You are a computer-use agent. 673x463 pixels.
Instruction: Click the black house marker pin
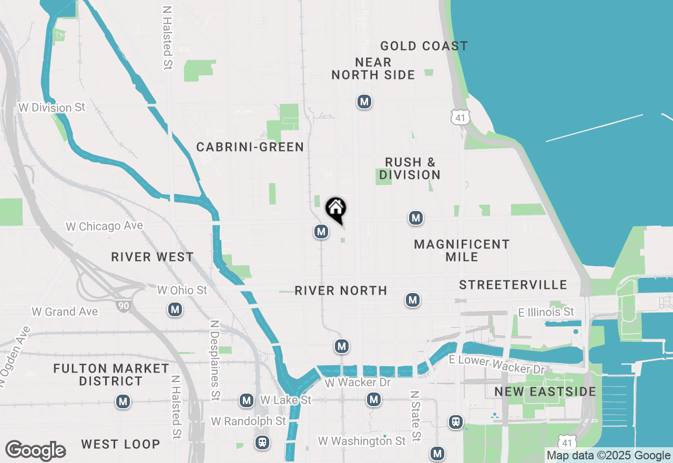(x=336, y=209)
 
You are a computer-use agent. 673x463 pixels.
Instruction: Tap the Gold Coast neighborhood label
(x=424, y=46)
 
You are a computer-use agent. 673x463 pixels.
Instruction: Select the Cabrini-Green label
(x=250, y=147)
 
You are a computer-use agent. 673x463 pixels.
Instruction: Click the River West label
(x=152, y=257)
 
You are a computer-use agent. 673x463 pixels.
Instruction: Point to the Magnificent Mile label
(x=462, y=250)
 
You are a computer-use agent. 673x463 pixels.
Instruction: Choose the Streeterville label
(x=513, y=285)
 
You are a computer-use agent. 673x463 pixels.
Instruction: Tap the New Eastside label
(x=545, y=392)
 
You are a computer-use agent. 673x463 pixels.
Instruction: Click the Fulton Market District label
(x=111, y=375)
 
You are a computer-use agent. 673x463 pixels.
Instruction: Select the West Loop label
(x=120, y=444)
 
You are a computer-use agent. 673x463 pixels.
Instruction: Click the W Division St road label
(x=52, y=107)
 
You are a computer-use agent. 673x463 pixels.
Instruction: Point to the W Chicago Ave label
(x=104, y=226)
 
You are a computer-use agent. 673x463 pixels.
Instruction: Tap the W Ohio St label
(x=182, y=290)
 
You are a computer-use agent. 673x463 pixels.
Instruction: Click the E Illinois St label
(x=546, y=313)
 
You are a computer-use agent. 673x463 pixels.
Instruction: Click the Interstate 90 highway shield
(x=124, y=305)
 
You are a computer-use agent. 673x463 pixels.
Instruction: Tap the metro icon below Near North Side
(x=364, y=102)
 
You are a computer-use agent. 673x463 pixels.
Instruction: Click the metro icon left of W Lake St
(x=247, y=401)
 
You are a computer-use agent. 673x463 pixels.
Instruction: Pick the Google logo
(x=35, y=451)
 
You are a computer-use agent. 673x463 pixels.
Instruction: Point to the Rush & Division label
(x=410, y=168)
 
